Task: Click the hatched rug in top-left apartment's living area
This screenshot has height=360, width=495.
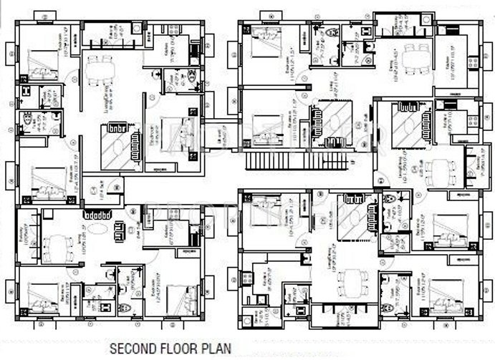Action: pos(115,150)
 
